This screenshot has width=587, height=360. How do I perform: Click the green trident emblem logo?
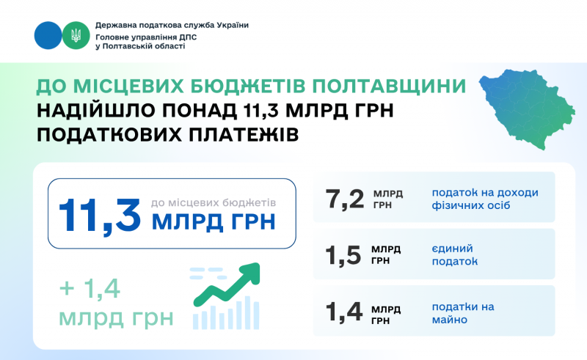76,35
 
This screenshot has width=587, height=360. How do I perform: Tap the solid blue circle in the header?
48,35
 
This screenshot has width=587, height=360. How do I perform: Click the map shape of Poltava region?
527,109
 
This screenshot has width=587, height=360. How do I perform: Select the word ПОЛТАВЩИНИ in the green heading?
389,86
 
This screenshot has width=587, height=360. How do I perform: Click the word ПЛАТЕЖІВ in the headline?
244,135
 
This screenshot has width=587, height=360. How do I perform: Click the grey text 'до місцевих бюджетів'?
214,203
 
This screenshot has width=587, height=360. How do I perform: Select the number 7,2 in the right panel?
344,199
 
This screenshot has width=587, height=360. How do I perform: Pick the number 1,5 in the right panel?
343,256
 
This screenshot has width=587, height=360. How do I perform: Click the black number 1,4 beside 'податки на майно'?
343,312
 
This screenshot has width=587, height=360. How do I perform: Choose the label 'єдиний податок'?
455,255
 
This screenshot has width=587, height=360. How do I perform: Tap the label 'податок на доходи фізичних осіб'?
485,199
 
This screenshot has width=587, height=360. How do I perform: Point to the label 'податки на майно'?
463,313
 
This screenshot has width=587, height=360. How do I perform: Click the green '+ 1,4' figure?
90,289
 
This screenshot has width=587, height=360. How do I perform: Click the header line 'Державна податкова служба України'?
172,25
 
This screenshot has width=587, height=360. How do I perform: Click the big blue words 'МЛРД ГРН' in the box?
214,221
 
